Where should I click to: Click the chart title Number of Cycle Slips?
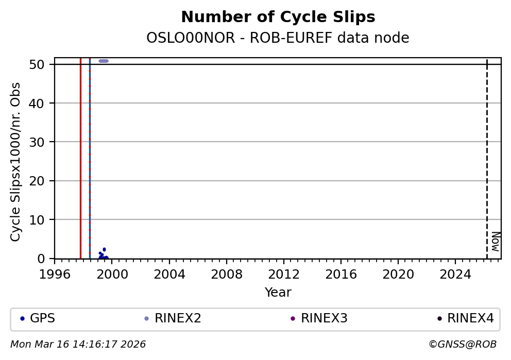click(278, 18)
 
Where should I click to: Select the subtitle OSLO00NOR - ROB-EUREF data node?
click(278, 38)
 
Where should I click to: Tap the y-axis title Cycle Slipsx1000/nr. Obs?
click(16, 162)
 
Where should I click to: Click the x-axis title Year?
click(278, 293)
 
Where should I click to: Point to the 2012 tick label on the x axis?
click(284, 274)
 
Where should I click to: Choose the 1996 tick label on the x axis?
click(55, 274)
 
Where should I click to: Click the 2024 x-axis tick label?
click(455, 274)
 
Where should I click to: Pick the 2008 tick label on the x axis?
click(227, 274)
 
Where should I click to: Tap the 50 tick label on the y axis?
click(43, 64)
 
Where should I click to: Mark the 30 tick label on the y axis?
click(43, 142)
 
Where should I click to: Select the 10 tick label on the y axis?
click(43, 220)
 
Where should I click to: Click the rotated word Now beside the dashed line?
click(495, 241)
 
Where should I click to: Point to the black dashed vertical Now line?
click(487, 155)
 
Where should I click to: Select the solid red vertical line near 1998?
click(80, 155)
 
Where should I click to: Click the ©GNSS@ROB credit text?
click(462, 345)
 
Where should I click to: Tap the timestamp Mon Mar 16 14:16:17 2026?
click(78, 345)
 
